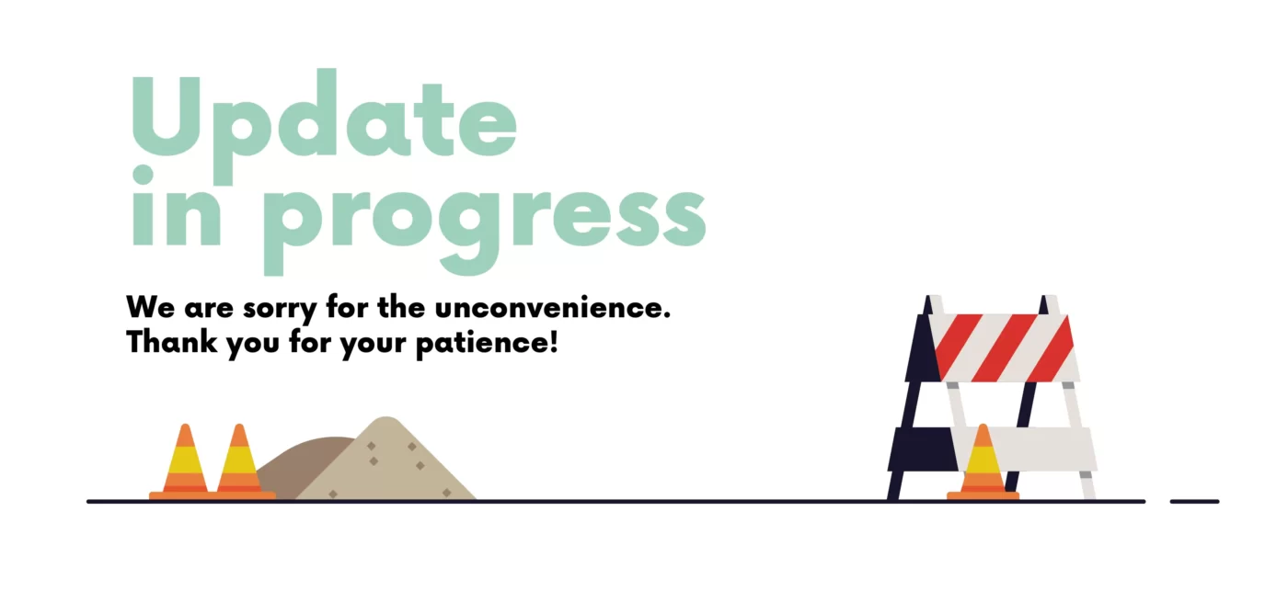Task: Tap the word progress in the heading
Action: (x=484, y=230)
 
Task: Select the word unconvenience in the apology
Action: (x=553, y=307)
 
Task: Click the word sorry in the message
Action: (x=280, y=309)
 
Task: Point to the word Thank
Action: (x=172, y=342)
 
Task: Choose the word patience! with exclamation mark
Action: (x=487, y=344)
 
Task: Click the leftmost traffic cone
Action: (x=184, y=461)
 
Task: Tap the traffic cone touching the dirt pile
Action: (x=240, y=461)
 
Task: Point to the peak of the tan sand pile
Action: (x=385, y=417)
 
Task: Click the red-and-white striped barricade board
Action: (x=1004, y=348)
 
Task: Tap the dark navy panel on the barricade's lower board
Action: (x=922, y=449)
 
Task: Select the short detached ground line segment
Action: (x=1195, y=502)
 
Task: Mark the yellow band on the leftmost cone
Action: (x=185, y=460)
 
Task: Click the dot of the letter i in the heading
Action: (x=144, y=175)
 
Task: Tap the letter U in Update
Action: (x=167, y=117)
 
